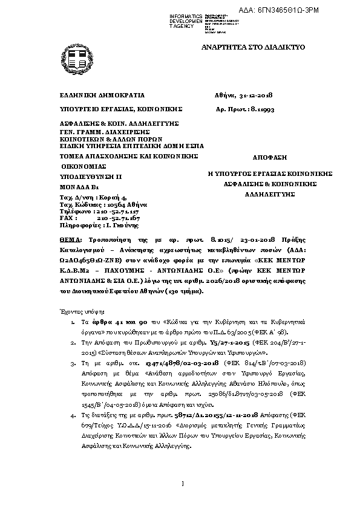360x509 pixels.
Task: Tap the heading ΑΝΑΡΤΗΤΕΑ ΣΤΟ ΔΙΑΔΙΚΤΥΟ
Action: pos(254,47)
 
